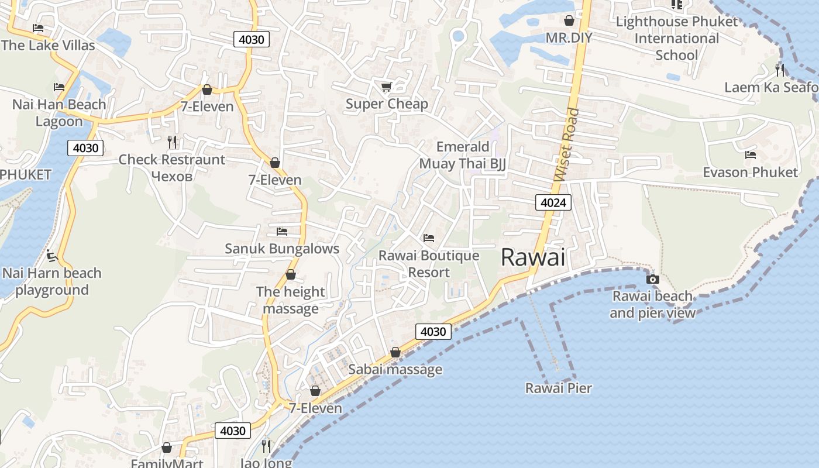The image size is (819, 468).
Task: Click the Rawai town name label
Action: (533, 257)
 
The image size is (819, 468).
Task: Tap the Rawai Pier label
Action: (558, 388)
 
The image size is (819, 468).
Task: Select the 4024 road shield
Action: (553, 203)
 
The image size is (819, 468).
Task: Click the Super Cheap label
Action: (387, 104)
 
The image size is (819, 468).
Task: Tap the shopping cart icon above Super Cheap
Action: (386, 87)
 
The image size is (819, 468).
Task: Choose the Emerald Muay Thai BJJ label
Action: (462, 155)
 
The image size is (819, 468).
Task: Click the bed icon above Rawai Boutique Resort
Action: (429, 238)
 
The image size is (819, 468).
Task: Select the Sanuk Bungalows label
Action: (282, 249)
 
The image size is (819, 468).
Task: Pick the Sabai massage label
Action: (395, 370)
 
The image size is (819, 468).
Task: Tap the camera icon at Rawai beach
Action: (653, 279)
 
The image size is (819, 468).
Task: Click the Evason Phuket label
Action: (750, 172)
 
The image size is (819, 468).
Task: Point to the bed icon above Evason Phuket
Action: (751, 155)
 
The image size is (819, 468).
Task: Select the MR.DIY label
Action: (569, 38)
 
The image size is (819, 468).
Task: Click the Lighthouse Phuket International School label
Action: (677, 39)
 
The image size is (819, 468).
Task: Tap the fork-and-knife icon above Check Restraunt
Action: (172, 142)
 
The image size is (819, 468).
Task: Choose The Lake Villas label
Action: (48, 45)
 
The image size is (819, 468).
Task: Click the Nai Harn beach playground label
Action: (52, 281)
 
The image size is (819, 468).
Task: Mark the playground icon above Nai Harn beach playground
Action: (52, 256)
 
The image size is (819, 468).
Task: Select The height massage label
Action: (291, 300)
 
